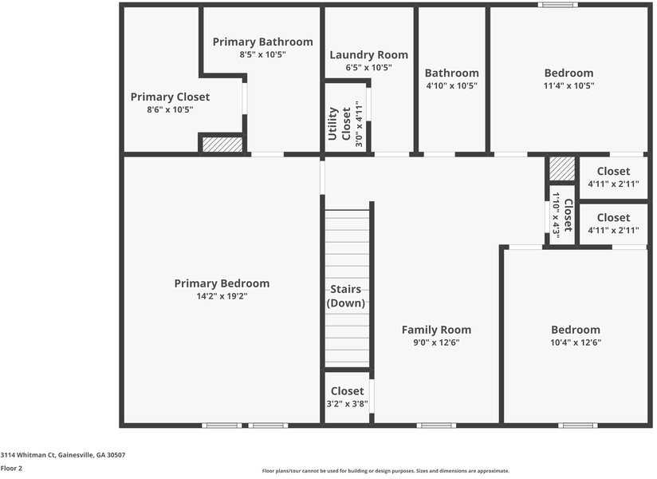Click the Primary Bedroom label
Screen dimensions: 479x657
[x=222, y=283]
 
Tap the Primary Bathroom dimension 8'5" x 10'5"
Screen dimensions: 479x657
[x=262, y=54]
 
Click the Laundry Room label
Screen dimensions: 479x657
[x=368, y=55]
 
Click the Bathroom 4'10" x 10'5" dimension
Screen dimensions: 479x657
[x=451, y=85]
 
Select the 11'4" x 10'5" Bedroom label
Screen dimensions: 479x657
[x=568, y=73]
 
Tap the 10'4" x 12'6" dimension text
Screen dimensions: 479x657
[x=575, y=342]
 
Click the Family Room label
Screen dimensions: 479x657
[x=436, y=330]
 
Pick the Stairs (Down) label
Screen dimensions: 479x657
[x=346, y=296]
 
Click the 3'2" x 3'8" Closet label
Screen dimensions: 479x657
[x=347, y=391]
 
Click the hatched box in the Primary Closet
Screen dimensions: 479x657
[x=222, y=144]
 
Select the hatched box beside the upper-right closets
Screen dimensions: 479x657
[x=562, y=168]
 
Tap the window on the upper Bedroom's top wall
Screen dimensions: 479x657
[x=557, y=5]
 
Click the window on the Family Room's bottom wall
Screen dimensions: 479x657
[x=437, y=426]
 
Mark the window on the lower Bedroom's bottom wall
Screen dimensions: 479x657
[x=577, y=426]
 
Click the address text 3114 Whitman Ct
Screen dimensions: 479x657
[x=62, y=455]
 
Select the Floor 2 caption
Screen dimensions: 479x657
[x=11, y=469]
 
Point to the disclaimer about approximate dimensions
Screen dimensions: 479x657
[x=385, y=471]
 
